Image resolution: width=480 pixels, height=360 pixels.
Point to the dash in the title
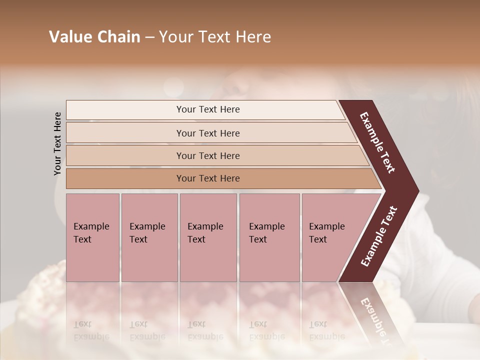149,37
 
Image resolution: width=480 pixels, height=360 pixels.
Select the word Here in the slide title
253,37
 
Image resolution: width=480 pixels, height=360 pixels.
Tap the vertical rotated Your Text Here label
57,143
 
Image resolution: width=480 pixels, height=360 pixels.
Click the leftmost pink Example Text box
92,237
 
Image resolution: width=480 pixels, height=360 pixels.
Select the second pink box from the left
149,237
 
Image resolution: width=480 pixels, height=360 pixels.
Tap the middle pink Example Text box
208,237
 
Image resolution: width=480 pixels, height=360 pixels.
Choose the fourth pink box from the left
269,237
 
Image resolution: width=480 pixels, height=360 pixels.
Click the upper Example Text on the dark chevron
377,142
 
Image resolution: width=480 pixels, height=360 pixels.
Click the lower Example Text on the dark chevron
379,236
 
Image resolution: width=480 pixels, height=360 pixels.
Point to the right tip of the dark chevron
418,191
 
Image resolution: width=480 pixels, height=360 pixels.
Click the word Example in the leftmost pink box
91,226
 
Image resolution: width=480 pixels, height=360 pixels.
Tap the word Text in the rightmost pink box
318,239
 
